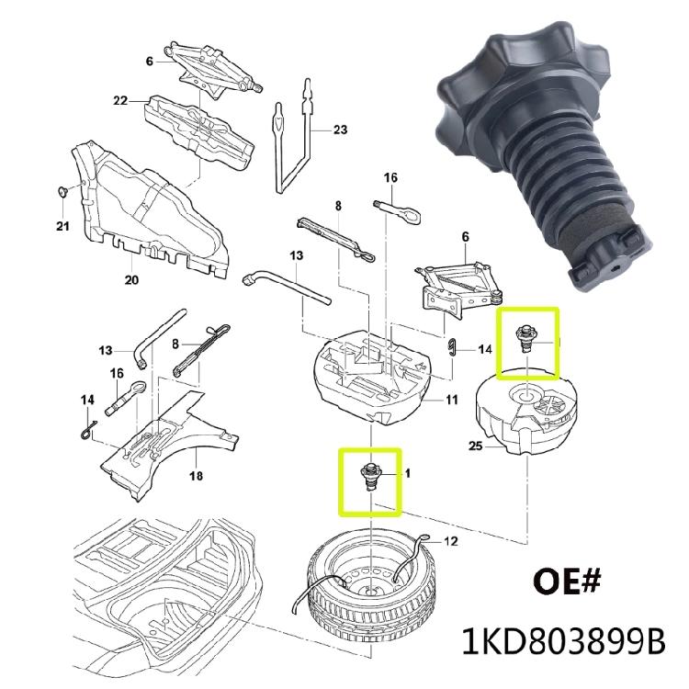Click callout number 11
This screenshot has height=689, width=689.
tap(451, 399)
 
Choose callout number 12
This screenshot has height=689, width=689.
tap(449, 542)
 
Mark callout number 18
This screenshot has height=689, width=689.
tap(196, 476)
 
